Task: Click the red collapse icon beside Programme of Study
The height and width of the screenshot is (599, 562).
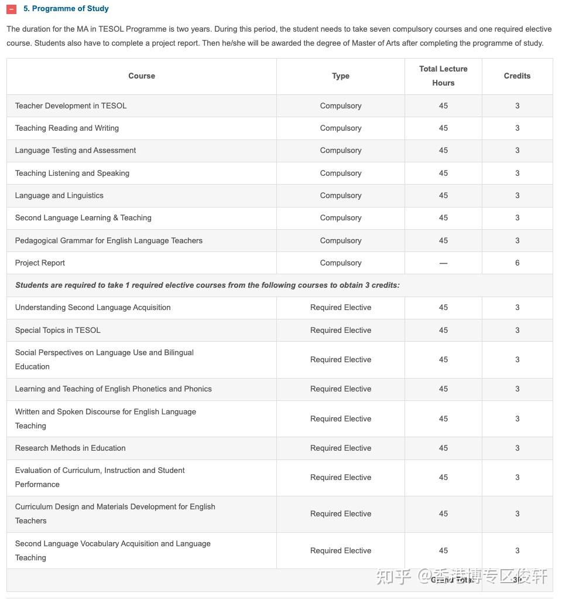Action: [x=12, y=9]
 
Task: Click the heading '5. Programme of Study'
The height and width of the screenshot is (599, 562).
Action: [x=66, y=9]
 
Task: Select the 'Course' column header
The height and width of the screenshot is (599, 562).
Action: [x=142, y=76]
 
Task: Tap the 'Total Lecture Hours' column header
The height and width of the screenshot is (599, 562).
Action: [x=443, y=76]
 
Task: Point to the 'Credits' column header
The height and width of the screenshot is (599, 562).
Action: [x=517, y=76]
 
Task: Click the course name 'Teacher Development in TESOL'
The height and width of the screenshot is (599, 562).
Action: [x=71, y=106]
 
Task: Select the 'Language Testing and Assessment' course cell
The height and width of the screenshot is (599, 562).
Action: [x=76, y=151]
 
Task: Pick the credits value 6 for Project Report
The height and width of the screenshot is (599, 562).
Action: [x=517, y=263]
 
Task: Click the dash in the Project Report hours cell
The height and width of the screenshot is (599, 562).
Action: [x=443, y=263]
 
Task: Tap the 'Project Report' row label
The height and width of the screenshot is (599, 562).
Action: [x=40, y=263]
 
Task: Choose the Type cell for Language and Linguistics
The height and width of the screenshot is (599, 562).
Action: [x=341, y=196]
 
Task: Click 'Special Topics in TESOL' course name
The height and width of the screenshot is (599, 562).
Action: [x=58, y=331]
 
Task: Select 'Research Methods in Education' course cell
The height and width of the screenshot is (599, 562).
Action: [x=70, y=448]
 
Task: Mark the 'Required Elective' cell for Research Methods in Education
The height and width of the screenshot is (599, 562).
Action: [x=341, y=448]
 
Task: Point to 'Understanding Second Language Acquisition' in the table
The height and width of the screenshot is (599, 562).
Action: [x=93, y=308]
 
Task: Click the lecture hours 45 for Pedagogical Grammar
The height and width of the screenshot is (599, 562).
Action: [x=443, y=241]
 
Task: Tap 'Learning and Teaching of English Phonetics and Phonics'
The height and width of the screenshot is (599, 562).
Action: [x=114, y=389]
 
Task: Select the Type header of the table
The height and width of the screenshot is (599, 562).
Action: [x=341, y=76]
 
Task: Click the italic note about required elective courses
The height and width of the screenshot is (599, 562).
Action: [x=207, y=285]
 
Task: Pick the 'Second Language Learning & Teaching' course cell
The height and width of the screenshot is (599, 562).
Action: [x=83, y=218]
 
